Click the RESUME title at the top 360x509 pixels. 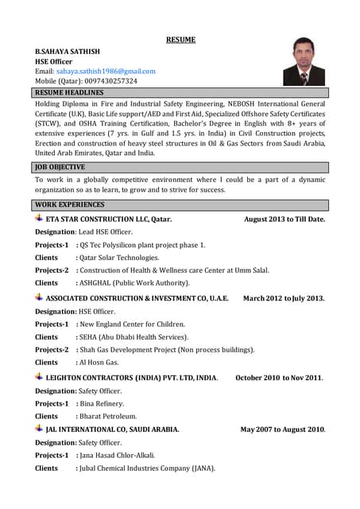pos(180,39)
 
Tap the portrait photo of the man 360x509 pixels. pos(304,61)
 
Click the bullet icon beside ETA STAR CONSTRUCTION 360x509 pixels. pos(39,218)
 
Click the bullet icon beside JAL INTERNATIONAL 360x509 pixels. pos(39,429)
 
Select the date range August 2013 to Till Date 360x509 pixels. pos(285,219)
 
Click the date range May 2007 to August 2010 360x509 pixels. pos(283,429)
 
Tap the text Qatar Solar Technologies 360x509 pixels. pos(119,258)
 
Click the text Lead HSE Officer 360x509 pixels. pos(106,231)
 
